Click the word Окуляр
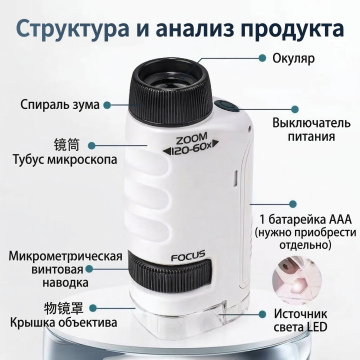point(293,59)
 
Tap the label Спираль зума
point(60,104)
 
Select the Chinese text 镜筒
point(67,145)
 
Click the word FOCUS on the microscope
point(188,257)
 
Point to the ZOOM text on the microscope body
point(191,138)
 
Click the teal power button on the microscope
point(227,106)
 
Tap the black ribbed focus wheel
point(170,269)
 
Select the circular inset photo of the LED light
point(297,278)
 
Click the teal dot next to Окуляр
point(263,58)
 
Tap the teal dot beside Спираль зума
point(107,105)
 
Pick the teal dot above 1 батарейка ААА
point(293,204)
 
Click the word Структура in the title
point(73,28)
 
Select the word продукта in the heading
point(292,28)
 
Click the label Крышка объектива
point(64,323)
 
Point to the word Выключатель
point(312,122)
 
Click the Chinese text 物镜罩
point(63,308)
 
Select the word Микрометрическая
point(66,256)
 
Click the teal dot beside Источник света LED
point(263,314)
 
